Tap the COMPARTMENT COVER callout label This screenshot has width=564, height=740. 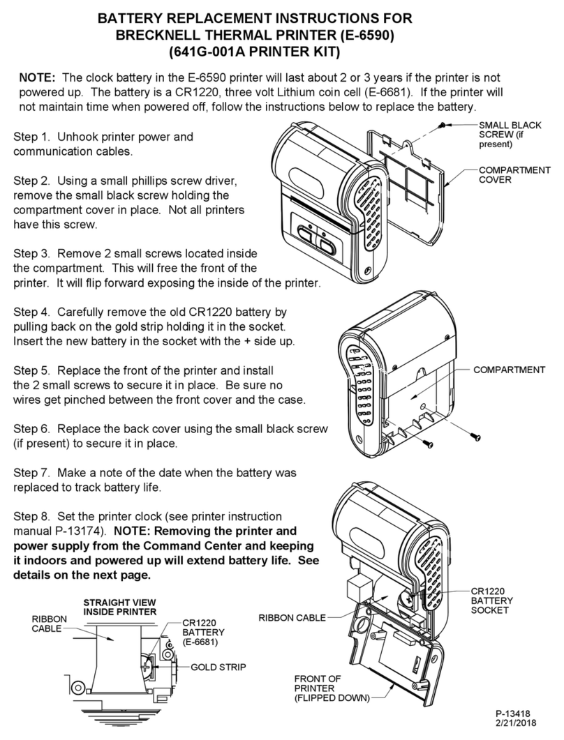coord(514,174)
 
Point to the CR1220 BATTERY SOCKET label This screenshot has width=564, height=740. coord(492,600)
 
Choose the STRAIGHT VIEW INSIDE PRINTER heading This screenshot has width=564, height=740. coord(119,607)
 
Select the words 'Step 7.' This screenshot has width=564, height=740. coord(34,473)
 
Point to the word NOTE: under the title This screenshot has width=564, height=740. coord(41,77)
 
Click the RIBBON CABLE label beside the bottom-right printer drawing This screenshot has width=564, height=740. coord(292,617)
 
